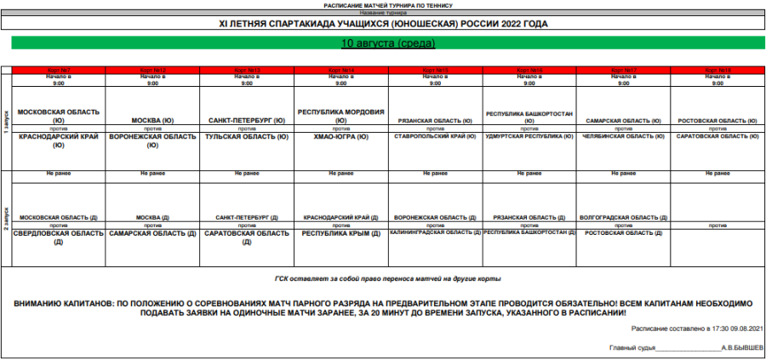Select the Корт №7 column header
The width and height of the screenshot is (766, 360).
[59, 69]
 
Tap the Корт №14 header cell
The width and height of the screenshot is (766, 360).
[340, 69]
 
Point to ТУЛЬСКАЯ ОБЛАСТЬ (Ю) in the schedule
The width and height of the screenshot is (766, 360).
[246, 136]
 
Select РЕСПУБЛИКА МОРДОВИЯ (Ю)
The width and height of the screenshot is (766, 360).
[340, 115]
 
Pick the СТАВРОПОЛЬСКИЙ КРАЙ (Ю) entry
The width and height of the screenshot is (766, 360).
[435, 135]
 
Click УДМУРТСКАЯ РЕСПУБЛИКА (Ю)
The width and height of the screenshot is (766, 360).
[529, 135]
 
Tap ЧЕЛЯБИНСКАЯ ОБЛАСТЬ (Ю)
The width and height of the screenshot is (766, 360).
[623, 135]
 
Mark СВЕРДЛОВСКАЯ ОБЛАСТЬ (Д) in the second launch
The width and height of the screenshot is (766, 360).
[59, 236]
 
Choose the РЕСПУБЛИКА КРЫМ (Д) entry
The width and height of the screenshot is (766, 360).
[340, 232]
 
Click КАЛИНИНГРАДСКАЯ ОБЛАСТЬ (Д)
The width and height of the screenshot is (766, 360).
[435, 231]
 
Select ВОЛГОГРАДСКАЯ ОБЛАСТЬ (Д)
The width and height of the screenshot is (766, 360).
[623, 217]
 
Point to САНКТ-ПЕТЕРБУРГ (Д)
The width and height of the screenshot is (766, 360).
[246, 217]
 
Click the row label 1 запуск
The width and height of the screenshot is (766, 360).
[5, 119]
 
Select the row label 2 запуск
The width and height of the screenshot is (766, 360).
[5, 213]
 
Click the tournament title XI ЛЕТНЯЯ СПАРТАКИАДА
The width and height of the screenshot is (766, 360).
[383, 24]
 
